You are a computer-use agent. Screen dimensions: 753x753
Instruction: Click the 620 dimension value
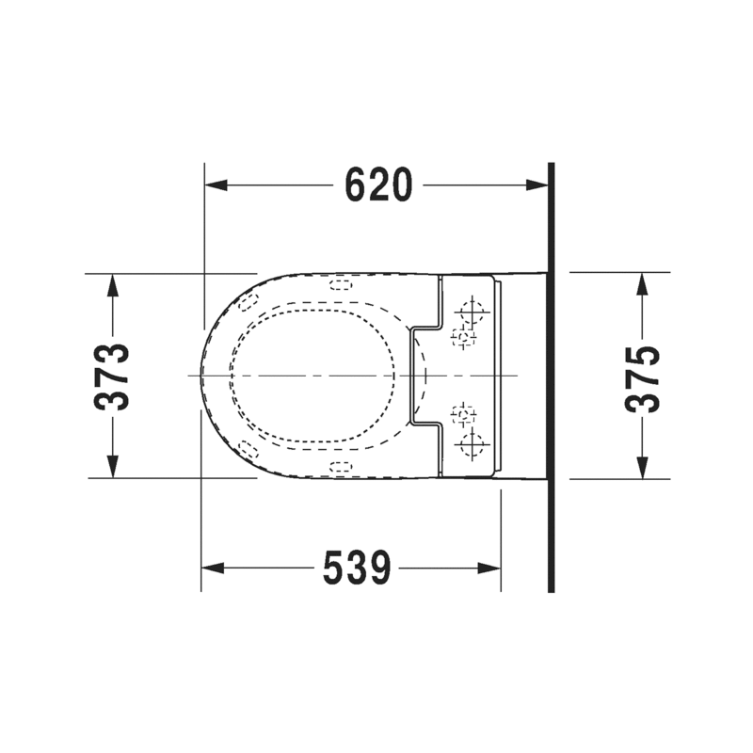378,184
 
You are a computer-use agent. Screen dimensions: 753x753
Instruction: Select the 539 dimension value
357,568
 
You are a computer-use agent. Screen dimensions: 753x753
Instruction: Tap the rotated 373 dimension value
113,376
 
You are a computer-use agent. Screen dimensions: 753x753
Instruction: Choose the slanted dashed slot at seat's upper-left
249,300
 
